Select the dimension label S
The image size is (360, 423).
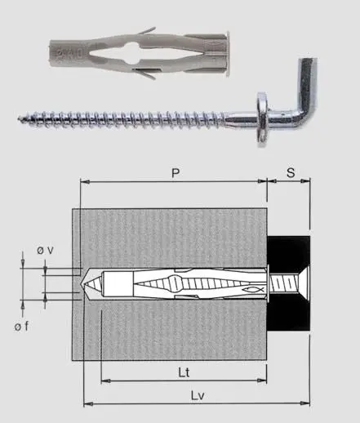pos(289,175)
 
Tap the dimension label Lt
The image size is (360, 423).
pos(184,369)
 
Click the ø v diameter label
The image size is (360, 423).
pos(45,251)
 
